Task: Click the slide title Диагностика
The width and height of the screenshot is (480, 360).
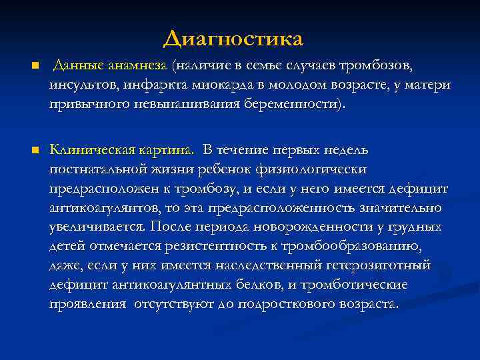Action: click(233, 39)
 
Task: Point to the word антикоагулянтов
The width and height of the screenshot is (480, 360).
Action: click(101, 208)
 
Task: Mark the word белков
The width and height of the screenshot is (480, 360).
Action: click(239, 285)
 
